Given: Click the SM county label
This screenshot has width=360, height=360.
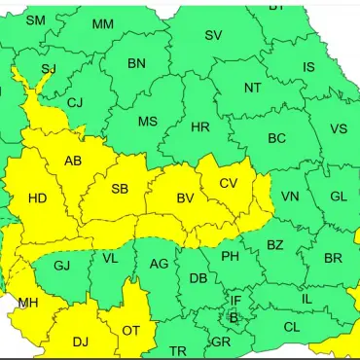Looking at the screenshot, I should tap(35, 20).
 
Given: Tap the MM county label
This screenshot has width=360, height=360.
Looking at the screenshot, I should tap(102, 24).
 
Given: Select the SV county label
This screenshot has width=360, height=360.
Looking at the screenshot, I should tap(213, 35).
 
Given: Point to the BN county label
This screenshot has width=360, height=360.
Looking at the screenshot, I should tap(136, 63).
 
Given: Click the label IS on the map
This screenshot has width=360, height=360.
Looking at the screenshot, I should tap(308, 67).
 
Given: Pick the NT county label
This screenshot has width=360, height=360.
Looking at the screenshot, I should tap(253, 88).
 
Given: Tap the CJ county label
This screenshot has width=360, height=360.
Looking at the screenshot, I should tap(75, 102).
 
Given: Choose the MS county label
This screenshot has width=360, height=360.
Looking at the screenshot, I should tap(148, 122).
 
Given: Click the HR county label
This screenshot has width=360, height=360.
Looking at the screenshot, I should tap(200, 127).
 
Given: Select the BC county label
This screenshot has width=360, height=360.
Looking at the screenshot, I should tap(277, 139).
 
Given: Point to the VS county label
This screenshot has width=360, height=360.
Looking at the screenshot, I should tap(339, 129).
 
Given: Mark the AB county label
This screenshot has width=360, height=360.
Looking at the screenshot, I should tap(73, 161).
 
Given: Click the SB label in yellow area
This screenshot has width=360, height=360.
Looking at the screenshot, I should tap(121, 189).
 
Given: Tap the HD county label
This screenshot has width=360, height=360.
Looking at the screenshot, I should tap(37, 198).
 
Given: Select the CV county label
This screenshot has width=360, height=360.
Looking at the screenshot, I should tap(229, 183).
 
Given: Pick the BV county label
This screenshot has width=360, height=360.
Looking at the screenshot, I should tap(185, 198).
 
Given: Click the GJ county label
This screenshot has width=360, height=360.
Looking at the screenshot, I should tap(61, 265).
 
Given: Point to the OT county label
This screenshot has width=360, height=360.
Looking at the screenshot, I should tap(130, 331).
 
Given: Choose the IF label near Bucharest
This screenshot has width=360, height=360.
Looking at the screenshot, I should tap(235, 302).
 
